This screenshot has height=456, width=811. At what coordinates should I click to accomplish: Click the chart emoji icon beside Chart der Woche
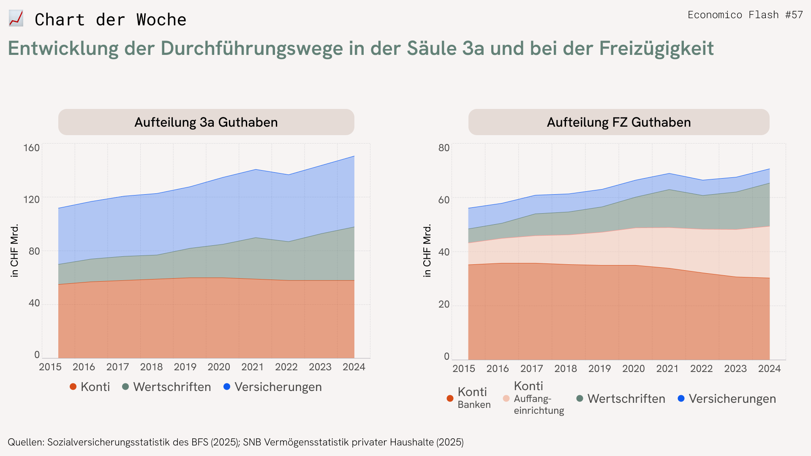click(16, 19)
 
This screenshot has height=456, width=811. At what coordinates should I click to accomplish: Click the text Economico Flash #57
click(745, 15)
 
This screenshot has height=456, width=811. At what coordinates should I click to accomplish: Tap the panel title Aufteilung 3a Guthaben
click(206, 122)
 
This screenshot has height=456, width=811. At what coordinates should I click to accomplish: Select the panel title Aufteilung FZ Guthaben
click(619, 122)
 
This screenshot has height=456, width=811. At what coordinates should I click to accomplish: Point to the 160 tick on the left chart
click(31, 148)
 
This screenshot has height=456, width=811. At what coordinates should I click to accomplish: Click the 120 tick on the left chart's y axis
click(31, 199)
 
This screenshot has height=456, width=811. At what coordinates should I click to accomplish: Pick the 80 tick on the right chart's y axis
click(444, 148)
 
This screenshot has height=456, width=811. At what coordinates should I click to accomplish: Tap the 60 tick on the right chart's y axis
click(444, 200)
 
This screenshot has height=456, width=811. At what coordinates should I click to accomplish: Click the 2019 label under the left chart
click(185, 367)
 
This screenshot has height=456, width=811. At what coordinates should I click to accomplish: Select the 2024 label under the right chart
click(769, 369)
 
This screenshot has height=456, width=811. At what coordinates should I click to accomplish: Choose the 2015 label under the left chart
click(50, 367)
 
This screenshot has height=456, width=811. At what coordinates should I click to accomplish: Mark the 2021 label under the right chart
click(667, 369)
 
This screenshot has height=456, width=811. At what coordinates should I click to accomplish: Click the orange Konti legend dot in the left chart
click(73, 387)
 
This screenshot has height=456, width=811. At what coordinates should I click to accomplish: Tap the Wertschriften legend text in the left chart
click(172, 387)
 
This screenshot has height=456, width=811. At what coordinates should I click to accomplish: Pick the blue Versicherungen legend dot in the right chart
click(681, 399)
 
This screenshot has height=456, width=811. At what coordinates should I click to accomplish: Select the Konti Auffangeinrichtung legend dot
click(506, 399)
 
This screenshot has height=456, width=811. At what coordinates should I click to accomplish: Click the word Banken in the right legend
click(474, 404)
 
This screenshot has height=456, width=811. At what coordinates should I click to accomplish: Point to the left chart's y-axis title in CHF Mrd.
click(15, 250)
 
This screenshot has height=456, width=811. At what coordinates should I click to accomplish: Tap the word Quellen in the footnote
click(25, 442)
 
